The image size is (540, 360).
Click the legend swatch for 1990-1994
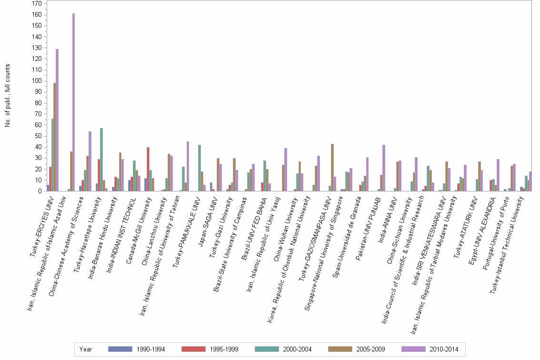(120, 349)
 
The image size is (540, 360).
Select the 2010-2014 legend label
(444, 349)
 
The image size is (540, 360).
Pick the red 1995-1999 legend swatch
(193, 349)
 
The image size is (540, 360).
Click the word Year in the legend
(86, 349)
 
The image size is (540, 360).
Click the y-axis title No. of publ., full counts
(8, 95)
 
